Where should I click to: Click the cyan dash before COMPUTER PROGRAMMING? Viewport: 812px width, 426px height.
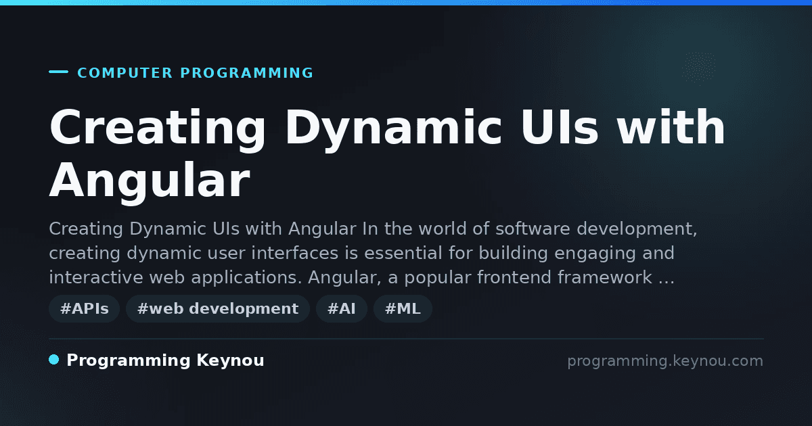(x=58, y=72)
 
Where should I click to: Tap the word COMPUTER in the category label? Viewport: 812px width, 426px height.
(x=125, y=73)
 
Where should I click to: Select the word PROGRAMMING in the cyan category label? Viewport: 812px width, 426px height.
(x=246, y=73)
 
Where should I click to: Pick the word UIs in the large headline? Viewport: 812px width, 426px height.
(x=559, y=127)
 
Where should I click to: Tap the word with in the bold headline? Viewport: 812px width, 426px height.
(x=671, y=127)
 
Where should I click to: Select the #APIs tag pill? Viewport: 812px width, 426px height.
(x=84, y=308)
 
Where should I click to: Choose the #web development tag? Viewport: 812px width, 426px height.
(x=218, y=308)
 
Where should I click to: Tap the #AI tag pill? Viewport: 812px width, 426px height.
(x=342, y=308)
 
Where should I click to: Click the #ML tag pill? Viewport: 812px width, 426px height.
(x=403, y=308)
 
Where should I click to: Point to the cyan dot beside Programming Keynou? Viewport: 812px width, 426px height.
(x=54, y=360)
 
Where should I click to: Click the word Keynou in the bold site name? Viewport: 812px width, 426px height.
(x=230, y=361)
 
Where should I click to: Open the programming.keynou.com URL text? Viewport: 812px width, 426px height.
(x=665, y=361)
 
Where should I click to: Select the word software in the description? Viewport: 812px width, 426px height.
(x=533, y=229)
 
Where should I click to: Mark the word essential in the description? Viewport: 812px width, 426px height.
(x=403, y=253)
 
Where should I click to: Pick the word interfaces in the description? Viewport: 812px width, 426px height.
(x=295, y=253)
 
